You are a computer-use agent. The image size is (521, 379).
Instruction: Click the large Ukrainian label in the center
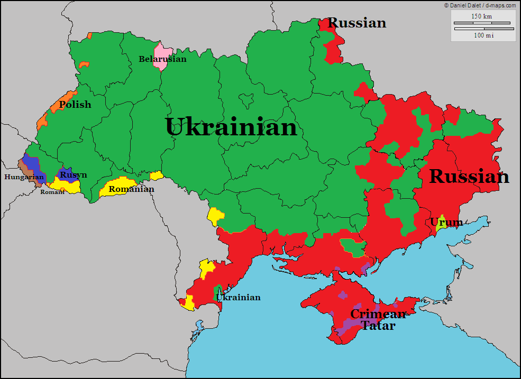[x=231, y=127]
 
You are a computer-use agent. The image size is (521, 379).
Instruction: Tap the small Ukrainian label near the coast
[x=239, y=297]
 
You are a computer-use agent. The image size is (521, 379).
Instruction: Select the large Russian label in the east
[x=469, y=177]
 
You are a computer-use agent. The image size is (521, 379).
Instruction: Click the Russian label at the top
[x=357, y=23]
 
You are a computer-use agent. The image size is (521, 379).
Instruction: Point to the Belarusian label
[x=162, y=59]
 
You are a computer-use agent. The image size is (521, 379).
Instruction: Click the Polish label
[x=75, y=105]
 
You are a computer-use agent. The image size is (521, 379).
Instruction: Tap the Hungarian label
[x=24, y=177]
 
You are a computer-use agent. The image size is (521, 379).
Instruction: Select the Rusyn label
[x=73, y=175]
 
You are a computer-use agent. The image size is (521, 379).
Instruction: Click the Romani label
[x=52, y=192]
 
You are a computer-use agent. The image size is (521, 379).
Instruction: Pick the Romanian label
[x=131, y=189]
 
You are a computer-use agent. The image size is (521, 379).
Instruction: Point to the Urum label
[x=446, y=223]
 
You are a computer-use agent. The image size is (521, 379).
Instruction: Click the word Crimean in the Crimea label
[x=378, y=314]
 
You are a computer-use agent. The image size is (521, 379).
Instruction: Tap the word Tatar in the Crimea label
[x=378, y=326]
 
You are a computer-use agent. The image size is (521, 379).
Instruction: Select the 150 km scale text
[x=481, y=16]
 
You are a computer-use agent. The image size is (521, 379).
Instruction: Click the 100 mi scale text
[x=483, y=35]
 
